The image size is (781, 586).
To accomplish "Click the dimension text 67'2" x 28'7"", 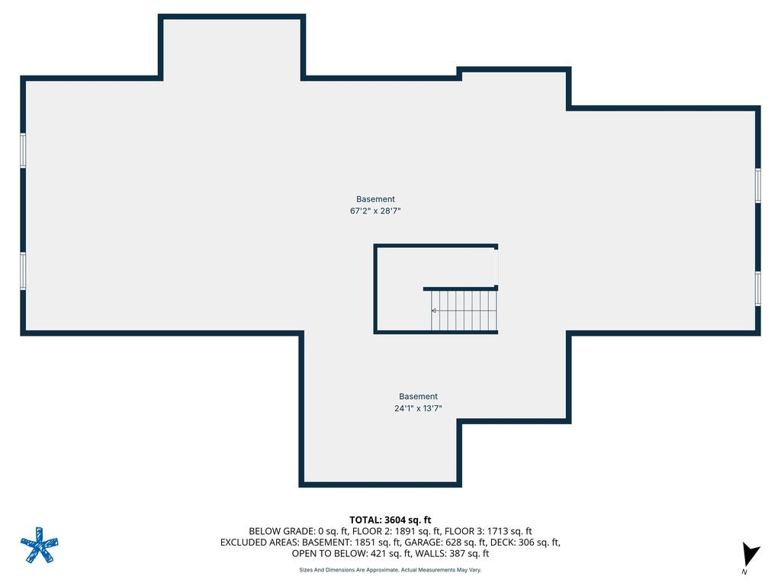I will (x=375, y=211).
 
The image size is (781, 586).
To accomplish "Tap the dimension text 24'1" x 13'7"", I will (x=418, y=408).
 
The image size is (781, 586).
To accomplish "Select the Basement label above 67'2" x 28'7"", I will (x=375, y=199).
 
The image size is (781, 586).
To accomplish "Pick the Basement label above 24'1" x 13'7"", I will (x=418, y=396).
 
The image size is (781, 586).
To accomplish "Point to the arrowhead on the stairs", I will (x=434, y=311).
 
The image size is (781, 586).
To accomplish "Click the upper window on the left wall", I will (x=23, y=150).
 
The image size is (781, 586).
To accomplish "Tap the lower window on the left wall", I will (x=23, y=271).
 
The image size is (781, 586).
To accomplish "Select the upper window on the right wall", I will (x=757, y=185).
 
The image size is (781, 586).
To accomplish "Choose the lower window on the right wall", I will (x=757, y=288).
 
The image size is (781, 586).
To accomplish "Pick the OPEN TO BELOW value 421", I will (x=381, y=554).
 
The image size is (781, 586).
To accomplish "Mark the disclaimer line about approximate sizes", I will (x=390, y=570).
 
